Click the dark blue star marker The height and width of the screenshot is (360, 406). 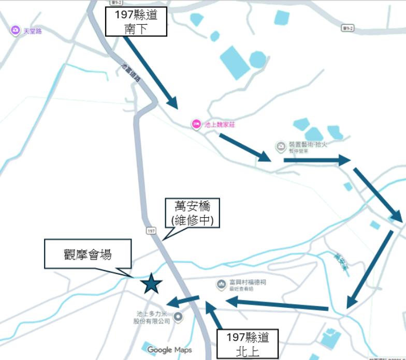click(x=151, y=283)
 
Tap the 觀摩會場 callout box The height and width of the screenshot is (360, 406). click(x=88, y=254)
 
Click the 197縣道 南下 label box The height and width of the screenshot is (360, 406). click(x=136, y=22)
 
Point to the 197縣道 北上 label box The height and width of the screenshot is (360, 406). click(x=247, y=344)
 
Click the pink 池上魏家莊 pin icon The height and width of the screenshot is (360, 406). click(x=196, y=124)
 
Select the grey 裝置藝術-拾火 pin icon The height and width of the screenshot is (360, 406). click(x=280, y=147)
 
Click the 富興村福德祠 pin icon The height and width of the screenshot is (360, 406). click(x=221, y=284)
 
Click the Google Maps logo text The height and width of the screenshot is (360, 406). click(x=169, y=350)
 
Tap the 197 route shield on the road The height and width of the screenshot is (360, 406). click(x=151, y=231)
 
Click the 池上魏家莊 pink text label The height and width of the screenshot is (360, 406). click(x=220, y=125)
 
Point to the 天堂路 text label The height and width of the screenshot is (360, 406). click(x=33, y=32)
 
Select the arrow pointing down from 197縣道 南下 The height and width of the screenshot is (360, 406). click(x=151, y=72)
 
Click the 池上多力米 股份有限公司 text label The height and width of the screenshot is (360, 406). click(x=153, y=318)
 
